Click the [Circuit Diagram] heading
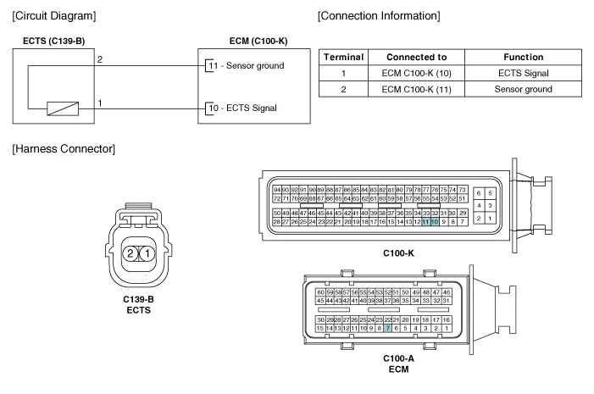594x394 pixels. coord(53,16)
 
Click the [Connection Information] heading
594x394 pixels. coord(378,16)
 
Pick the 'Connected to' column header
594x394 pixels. coord(411,57)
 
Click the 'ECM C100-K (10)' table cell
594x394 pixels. coord(411,73)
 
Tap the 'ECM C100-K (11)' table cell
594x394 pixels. coord(411,89)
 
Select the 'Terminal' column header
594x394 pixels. coord(343,57)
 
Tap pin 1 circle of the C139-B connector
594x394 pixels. coord(147,253)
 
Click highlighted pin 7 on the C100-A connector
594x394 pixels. coord(387,328)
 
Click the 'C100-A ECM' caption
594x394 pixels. coord(398,363)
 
